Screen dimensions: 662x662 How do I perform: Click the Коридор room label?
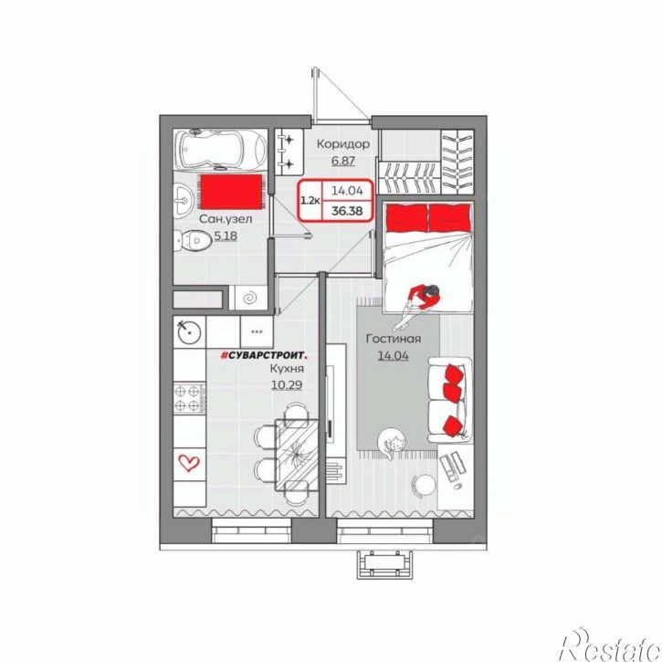click(343, 144)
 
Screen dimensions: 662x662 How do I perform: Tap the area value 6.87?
click(342, 161)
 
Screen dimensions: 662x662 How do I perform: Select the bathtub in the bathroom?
click(221, 149)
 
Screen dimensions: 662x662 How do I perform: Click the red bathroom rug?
click(231, 192)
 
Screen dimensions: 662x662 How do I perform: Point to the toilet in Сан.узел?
click(193, 241)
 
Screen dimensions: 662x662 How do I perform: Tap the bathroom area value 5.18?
click(226, 236)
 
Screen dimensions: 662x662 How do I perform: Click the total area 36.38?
click(347, 211)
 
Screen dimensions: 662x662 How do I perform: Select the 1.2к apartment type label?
click(310, 200)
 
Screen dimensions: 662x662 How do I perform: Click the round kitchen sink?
click(189, 331)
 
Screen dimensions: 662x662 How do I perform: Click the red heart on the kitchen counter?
click(189, 463)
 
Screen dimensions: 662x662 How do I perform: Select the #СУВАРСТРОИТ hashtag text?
click(264, 355)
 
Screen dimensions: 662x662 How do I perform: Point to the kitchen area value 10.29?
click(287, 385)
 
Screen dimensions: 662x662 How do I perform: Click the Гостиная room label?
click(394, 339)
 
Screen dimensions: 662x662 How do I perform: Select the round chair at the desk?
click(424, 485)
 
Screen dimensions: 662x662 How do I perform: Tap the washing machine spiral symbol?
click(250, 298)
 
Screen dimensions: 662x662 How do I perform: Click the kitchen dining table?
click(297, 455)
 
